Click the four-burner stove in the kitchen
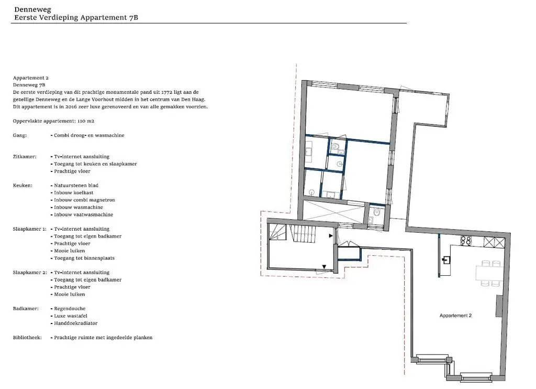[x=465, y=241]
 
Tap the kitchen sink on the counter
[x=446, y=260]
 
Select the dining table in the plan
[x=489, y=273]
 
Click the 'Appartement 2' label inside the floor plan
[x=455, y=316]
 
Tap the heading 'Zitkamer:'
[x=25, y=156]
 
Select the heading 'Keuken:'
[x=23, y=185]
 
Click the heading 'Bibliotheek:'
[x=27, y=337]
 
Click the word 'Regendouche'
[x=70, y=309]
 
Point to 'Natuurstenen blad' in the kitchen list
[x=76, y=185]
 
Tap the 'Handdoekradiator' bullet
[x=76, y=323]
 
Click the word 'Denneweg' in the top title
[x=32, y=9]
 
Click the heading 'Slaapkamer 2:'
[x=30, y=272]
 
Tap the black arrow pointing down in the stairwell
[x=324, y=267]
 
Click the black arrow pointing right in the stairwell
[x=331, y=235]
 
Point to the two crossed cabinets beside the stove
[x=494, y=242]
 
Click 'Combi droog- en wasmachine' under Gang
[x=89, y=135]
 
